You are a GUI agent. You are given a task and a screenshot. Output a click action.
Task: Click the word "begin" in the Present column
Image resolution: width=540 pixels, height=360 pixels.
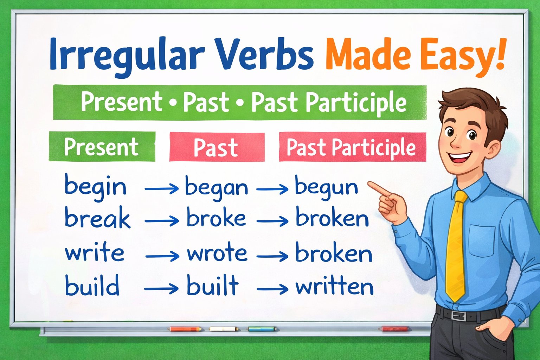click(95, 187)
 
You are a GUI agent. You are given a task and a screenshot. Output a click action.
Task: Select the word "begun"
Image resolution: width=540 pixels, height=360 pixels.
click(326, 187)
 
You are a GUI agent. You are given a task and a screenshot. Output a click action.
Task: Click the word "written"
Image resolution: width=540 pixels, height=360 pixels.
click(334, 287)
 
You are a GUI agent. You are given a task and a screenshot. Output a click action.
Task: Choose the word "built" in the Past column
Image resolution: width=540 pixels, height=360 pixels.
click(213, 285)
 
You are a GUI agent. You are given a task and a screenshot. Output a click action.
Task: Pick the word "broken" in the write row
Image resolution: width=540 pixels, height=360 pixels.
click(334, 254)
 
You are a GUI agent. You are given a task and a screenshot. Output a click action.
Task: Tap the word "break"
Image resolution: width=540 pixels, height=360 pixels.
click(97, 218)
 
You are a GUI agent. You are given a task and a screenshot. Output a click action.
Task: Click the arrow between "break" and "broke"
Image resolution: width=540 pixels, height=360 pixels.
click(161, 221)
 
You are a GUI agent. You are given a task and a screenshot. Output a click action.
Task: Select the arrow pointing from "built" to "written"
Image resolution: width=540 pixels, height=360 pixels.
click(272, 289)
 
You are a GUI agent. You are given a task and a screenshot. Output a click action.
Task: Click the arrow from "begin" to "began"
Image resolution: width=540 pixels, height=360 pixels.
click(161, 189)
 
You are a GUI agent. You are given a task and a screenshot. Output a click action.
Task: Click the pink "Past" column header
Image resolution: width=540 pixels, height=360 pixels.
click(216, 147)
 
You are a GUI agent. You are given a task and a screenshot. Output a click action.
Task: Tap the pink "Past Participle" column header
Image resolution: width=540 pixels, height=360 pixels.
click(352, 147)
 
